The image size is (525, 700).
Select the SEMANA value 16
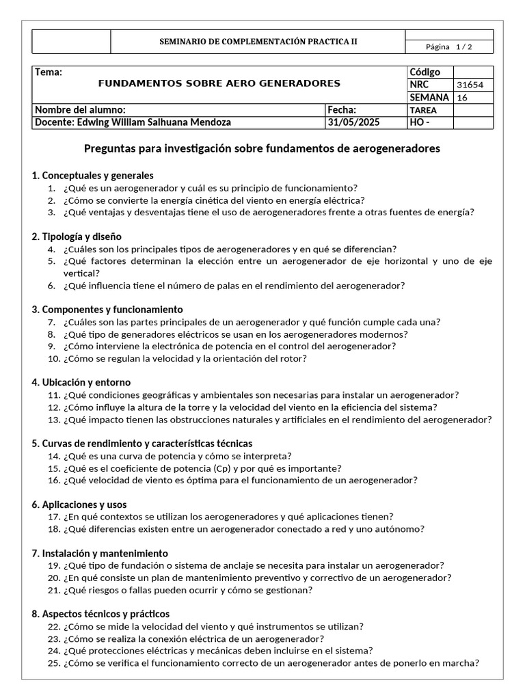pos(462,98)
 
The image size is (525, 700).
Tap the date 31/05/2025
pos(353,122)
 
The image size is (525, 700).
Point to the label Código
pos(425,72)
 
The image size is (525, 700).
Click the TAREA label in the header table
pos(423,110)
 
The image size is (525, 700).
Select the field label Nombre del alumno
pos(80,110)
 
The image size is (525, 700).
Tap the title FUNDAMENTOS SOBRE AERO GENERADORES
pos(219,83)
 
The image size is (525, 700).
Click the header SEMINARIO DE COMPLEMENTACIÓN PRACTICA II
pos(258,41)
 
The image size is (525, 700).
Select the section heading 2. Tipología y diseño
pos(77,237)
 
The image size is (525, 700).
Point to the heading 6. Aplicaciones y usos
pos(79,504)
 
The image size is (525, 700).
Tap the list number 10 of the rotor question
pos(53,358)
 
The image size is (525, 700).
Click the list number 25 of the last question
pos(53,663)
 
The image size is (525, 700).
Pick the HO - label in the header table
pos(419,122)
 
